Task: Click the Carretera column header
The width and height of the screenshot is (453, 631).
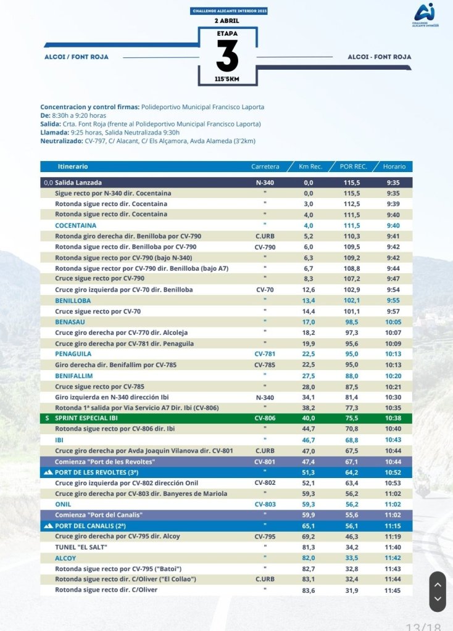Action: [x=265, y=167]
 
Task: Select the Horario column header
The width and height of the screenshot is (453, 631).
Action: [x=394, y=167]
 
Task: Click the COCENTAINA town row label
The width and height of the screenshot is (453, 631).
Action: [x=75, y=225]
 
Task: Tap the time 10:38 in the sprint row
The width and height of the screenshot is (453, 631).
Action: [x=394, y=418]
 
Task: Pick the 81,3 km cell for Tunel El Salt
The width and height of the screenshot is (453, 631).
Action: [x=309, y=547]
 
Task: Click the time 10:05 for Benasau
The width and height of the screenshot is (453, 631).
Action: [x=394, y=321]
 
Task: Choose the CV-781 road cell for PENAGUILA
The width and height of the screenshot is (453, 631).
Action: [x=265, y=354]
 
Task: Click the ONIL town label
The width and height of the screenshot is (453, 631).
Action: [x=63, y=504]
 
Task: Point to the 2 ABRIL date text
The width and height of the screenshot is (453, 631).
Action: [x=226, y=20]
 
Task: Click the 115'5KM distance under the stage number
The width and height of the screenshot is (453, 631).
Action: [x=227, y=80]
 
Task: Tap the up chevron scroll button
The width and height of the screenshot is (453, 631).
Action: [x=437, y=584]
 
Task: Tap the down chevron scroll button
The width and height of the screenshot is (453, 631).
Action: [x=437, y=598]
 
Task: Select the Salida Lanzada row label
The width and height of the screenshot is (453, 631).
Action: [x=78, y=183]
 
